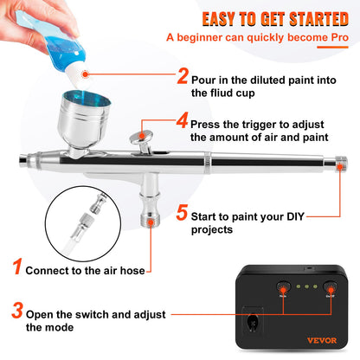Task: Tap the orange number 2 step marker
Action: pyautogui.click(x=183, y=76)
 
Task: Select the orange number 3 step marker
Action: pyautogui.click(x=18, y=308)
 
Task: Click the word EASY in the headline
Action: pyautogui.click(x=225, y=19)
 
